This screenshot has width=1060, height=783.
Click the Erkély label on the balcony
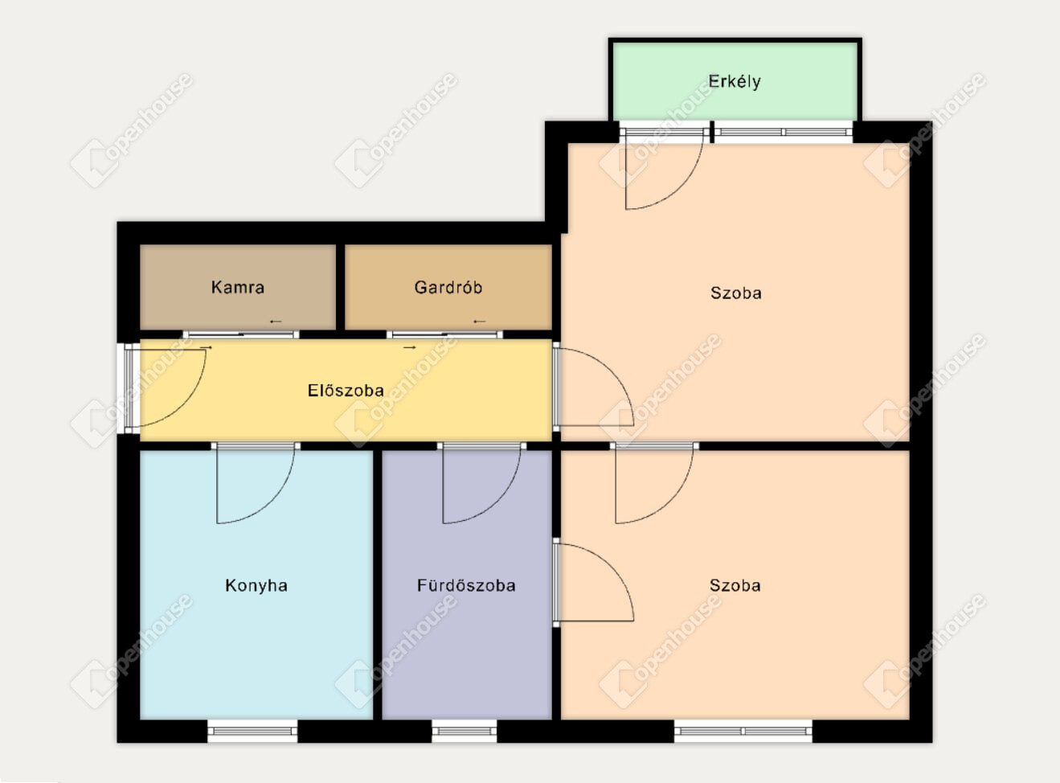tap(734, 82)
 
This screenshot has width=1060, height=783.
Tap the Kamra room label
tap(238, 287)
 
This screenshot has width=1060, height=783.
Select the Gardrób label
tap(448, 287)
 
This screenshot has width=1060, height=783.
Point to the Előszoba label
tap(346, 391)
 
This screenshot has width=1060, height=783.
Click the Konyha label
tap(256, 585)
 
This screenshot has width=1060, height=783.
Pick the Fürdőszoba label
tap(466, 585)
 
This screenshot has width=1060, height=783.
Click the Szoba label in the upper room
tap(736, 293)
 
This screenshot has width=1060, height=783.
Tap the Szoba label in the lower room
tap(735, 585)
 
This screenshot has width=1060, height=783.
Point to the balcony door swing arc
tap(680, 191)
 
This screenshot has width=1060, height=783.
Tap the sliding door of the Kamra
tap(241, 334)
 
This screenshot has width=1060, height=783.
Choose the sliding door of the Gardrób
tap(445, 334)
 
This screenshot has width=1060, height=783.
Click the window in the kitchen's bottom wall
tap(252, 731)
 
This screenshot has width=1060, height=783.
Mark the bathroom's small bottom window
tap(464, 731)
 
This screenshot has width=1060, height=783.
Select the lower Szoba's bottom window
tap(743, 731)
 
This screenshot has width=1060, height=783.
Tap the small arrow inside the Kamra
tap(276, 322)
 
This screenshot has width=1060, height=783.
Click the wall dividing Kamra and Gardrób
tap(340, 287)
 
